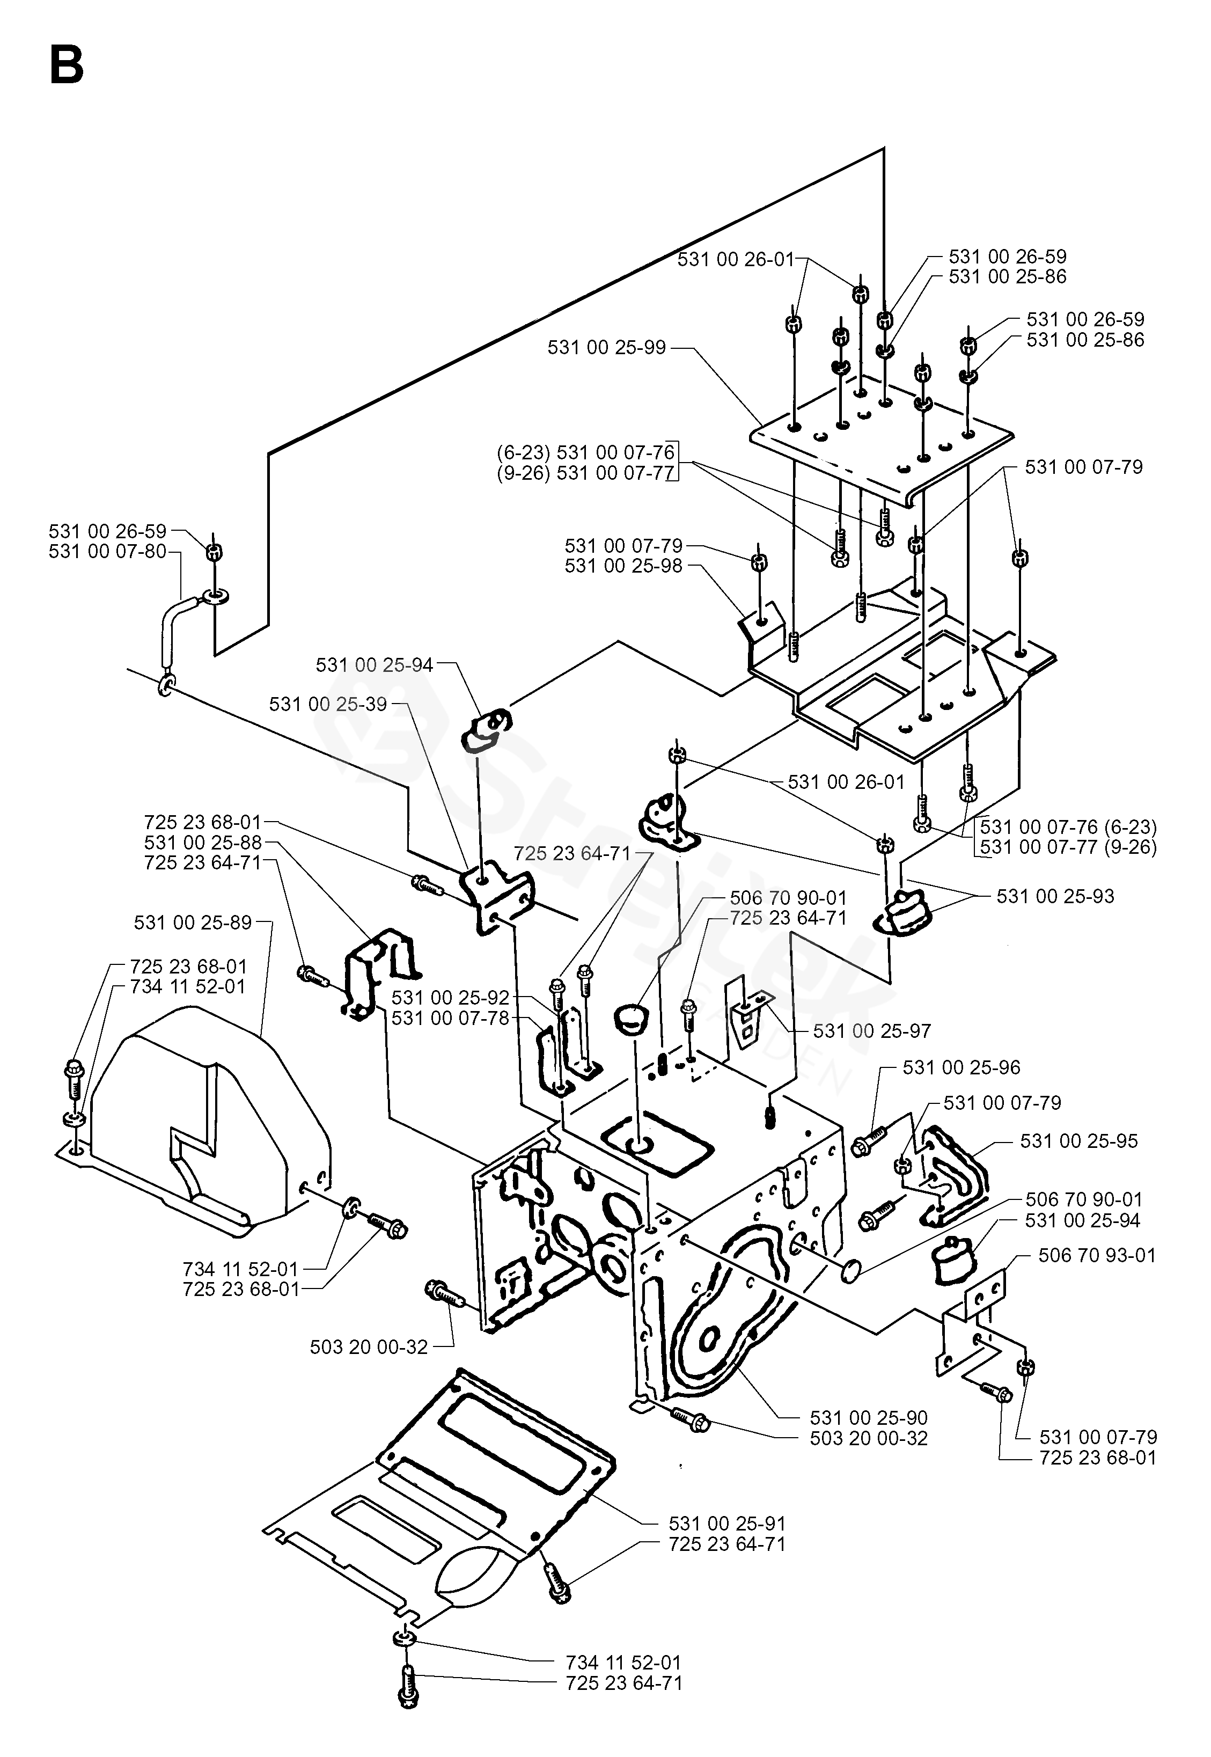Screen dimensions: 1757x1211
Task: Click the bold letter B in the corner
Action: click(x=66, y=65)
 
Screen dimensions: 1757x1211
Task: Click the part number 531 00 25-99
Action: click(x=606, y=348)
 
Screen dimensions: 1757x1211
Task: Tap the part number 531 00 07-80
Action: click(x=107, y=552)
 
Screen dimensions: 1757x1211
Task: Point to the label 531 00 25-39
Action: click(x=328, y=704)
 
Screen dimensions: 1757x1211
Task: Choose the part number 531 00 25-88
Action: click(x=203, y=843)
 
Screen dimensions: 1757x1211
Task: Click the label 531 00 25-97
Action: click(x=872, y=1031)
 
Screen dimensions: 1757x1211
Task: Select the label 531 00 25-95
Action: click(x=1079, y=1141)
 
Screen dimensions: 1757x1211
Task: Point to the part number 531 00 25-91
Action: click(x=727, y=1523)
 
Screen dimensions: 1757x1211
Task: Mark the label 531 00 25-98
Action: click(x=623, y=566)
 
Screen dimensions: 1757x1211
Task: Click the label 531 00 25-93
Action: click(x=1055, y=896)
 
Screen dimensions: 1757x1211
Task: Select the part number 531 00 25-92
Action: click(x=450, y=997)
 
